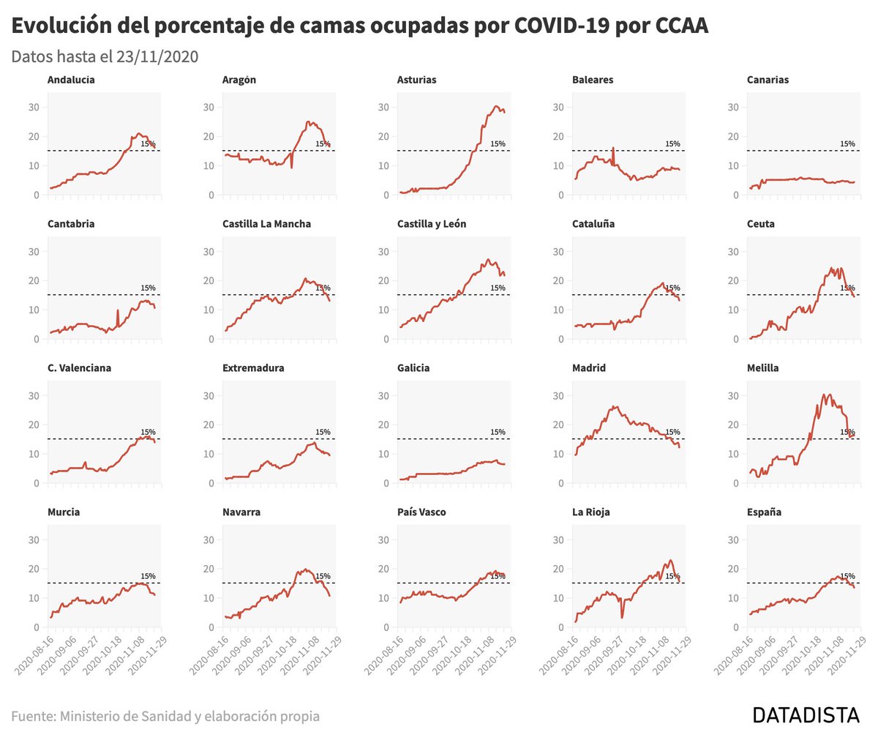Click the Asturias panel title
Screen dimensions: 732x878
click(416, 80)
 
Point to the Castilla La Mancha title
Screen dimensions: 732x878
click(266, 224)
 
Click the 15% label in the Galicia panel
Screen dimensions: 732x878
click(498, 432)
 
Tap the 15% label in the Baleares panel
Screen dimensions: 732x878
click(672, 143)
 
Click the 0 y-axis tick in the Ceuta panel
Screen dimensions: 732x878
click(735, 339)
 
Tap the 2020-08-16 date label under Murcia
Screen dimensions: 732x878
click(35, 654)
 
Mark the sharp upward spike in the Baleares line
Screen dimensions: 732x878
click(613, 149)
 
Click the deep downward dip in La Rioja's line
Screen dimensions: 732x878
click(622, 617)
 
